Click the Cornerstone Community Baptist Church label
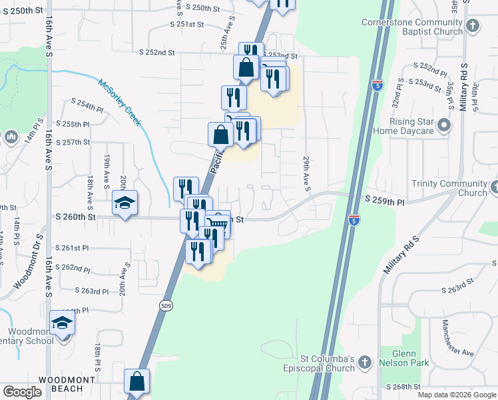click(x=412, y=27)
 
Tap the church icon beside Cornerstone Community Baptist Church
click(x=473, y=27)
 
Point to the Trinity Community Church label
click(x=449, y=188)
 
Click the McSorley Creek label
click(x=119, y=102)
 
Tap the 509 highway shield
click(x=166, y=305)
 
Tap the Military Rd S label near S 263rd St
click(x=400, y=254)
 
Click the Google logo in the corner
click(x=22, y=392)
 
